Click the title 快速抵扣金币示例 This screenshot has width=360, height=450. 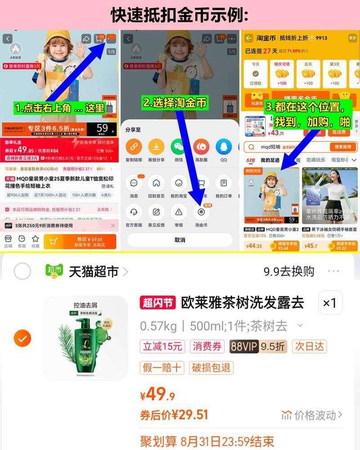pyautogui.click(x=180, y=15)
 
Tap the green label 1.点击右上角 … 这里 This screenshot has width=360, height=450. pyautogui.click(x=59, y=108)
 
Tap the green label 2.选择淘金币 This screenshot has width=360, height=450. pyautogui.click(x=175, y=103)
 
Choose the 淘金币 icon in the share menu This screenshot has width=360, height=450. pyautogui.click(x=201, y=212)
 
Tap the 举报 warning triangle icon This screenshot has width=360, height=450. pyautogui.click(x=179, y=212)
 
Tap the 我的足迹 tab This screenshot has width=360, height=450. pyautogui.click(x=270, y=160)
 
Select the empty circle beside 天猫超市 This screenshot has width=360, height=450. pyautogui.click(x=22, y=272)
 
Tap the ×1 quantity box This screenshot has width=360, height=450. pyautogui.click(x=330, y=303)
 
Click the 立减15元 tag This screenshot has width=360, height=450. pyautogui.click(x=162, y=346)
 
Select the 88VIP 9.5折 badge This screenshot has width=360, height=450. pyautogui.click(x=258, y=346)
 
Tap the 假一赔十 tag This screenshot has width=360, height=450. pyautogui.click(x=162, y=368)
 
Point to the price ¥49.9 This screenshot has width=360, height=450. pyautogui.click(x=157, y=395)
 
